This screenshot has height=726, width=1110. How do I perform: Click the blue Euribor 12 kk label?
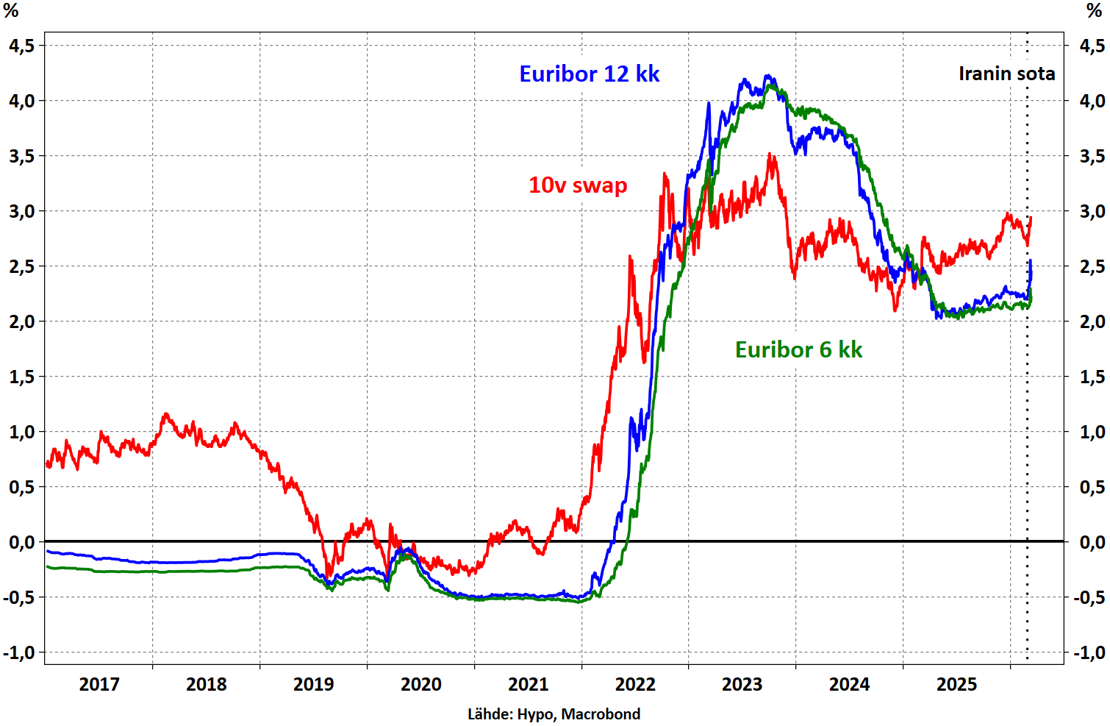590,74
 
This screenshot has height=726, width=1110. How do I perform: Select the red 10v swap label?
578,185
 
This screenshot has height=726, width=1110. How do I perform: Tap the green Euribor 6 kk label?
798,349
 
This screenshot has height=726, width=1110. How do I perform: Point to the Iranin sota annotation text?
1006,74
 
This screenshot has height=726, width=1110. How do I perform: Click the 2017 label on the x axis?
99,685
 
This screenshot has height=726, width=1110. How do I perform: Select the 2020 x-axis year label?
420,685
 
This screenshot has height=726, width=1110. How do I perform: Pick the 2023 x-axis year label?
742,685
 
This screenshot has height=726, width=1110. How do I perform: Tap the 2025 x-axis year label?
956,685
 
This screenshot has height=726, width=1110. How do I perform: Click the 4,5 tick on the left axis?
21,46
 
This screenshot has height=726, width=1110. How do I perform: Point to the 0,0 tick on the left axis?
21,542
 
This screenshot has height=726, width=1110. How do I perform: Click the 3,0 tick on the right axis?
1092,211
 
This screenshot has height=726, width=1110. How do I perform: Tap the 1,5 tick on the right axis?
1092,377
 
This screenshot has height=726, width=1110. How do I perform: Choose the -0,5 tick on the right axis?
1089,597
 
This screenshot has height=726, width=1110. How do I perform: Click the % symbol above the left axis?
10,10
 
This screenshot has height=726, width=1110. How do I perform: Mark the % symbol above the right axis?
1094,10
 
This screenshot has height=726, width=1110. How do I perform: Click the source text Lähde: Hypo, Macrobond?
554,714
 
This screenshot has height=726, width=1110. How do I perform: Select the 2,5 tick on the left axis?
21,266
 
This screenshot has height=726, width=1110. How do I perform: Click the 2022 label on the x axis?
635,685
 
